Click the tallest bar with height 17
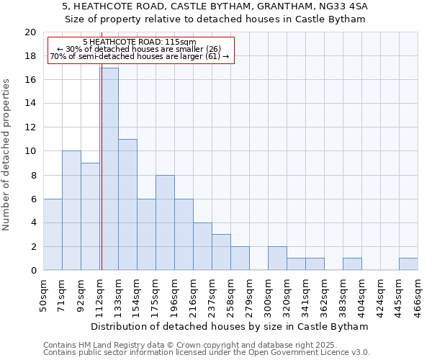click(109, 169)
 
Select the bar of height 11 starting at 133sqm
click(127, 204)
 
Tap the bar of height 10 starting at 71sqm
click(71, 210)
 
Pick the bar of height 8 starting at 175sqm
click(165, 222)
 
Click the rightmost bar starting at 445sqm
click(408, 264)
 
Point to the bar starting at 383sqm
click(352, 264)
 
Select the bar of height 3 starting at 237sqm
click(221, 252)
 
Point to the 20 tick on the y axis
click(30, 32)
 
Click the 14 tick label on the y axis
click(30, 104)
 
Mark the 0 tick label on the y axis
click(33, 270)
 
